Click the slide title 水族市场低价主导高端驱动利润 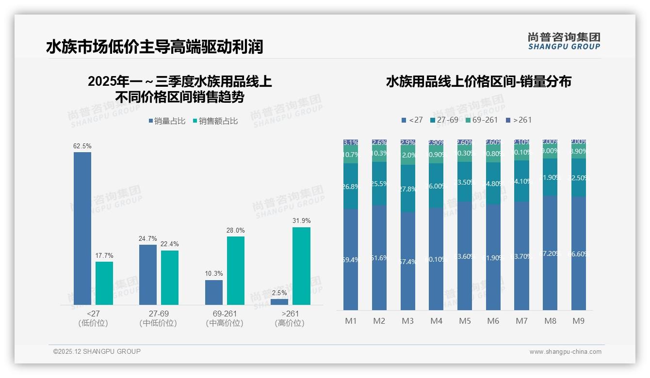(x=154, y=47)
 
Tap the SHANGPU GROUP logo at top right (x=564, y=41)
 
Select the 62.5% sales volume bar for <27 (x=82, y=228)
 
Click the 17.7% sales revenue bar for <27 (x=104, y=283)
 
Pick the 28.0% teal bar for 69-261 (x=236, y=270)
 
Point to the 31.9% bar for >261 (x=301, y=266)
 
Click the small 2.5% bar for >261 (x=279, y=302)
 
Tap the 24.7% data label (x=148, y=238)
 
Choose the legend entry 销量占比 (x=167, y=121)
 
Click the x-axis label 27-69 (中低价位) (x=158, y=318)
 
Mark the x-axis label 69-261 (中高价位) (x=225, y=318)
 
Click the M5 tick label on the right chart (x=465, y=321)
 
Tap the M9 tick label (x=579, y=321)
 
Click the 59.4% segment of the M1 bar (x=351, y=259)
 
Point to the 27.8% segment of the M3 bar (x=408, y=189)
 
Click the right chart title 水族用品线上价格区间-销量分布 (x=478, y=81)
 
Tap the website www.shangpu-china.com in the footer (x=565, y=352)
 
